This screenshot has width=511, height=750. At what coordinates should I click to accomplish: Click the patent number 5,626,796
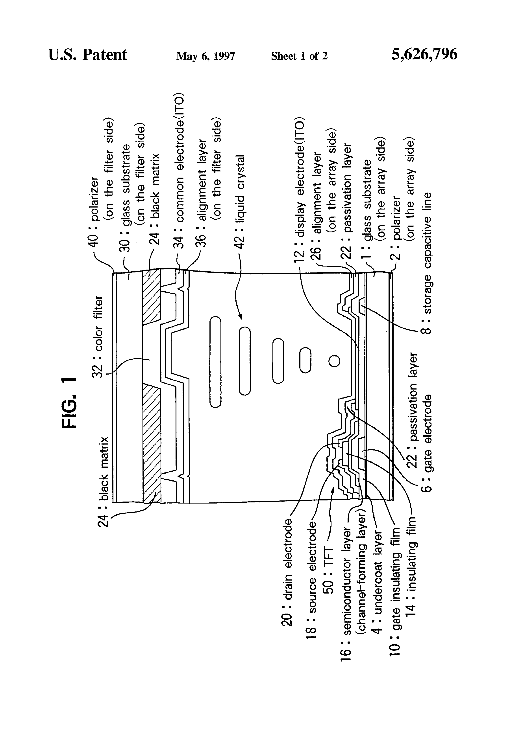point(424,55)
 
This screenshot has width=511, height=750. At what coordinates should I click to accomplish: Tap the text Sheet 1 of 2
point(299,56)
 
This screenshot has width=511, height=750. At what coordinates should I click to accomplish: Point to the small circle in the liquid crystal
point(334,361)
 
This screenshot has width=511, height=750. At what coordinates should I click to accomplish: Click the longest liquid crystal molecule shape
point(215,362)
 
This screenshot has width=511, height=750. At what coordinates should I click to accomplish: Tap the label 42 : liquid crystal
point(239,202)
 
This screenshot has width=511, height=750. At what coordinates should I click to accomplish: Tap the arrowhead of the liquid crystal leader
point(240,317)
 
